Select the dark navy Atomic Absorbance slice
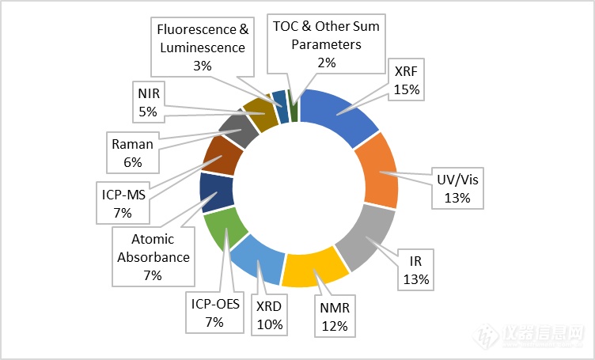coord(216,191)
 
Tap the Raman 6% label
coord(132,153)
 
